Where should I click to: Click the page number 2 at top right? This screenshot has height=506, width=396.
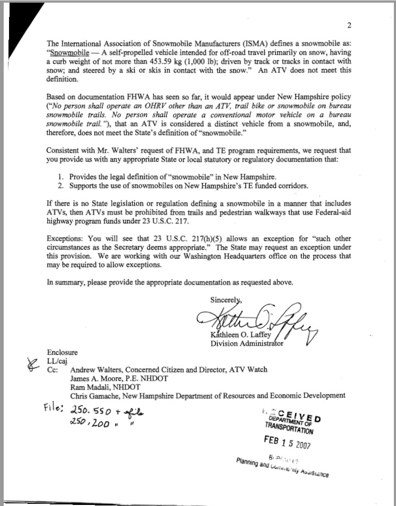coord(349,25)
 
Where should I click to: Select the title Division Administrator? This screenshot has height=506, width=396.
coord(247,343)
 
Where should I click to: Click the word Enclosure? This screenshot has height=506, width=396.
coord(62,352)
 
